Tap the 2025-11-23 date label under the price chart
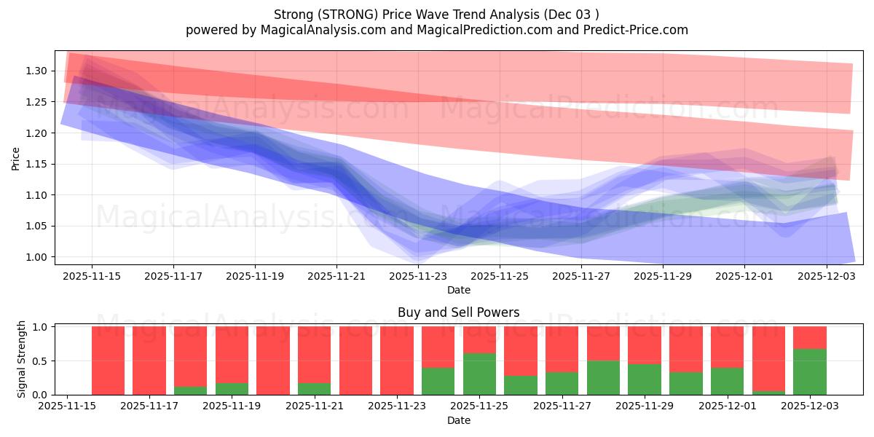[x=418, y=277]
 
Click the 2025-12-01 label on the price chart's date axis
[x=744, y=277]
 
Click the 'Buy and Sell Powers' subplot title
[x=458, y=312]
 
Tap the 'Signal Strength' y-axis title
[x=22, y=359]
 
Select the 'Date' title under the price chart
[x=458, y=290]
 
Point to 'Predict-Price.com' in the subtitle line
[x=639, y=30]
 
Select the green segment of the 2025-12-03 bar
[x=809, y=372]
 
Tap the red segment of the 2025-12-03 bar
[x=809, y=337]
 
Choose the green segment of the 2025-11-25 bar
[x=479, y=374]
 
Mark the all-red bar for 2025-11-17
[x=149, y=361]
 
